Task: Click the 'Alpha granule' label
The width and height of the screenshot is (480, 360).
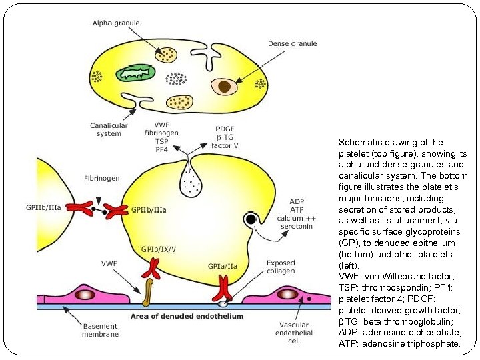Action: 117,23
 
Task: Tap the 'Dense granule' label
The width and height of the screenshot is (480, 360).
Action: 292,44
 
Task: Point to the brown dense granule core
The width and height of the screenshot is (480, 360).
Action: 225,85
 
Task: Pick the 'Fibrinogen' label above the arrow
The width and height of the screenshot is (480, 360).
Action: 102,179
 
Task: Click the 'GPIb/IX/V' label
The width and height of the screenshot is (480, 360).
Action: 159,249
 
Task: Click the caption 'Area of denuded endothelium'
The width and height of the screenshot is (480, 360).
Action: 187,315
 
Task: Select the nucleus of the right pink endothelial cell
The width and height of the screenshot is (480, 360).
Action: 287,293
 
